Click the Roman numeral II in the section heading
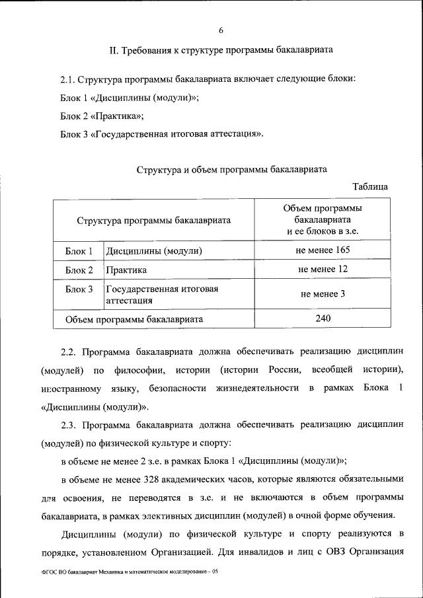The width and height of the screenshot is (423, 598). [x=113, y=50]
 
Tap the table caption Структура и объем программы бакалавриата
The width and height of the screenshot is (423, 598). [x=232, y=169]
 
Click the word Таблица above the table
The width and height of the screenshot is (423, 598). [x=370, y=187]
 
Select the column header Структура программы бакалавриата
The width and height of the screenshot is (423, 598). [x=153, y=220]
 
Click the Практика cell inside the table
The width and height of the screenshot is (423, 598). [x=126, y=270]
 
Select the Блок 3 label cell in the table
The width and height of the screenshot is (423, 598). [x=79, y=289]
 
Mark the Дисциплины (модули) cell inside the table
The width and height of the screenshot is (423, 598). [x=153, y=251]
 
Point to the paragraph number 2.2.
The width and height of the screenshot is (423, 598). [x=69, y=351]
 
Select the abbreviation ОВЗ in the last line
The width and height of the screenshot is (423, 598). [x=330, y=551]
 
